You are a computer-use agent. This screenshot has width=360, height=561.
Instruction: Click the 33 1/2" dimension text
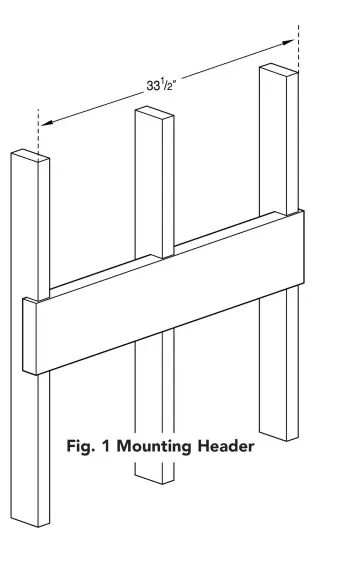(x=161, y=85)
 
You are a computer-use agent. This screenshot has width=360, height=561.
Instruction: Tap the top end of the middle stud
(x=154, y=113)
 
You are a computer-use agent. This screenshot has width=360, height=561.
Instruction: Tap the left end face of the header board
(x=30, y=335)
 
